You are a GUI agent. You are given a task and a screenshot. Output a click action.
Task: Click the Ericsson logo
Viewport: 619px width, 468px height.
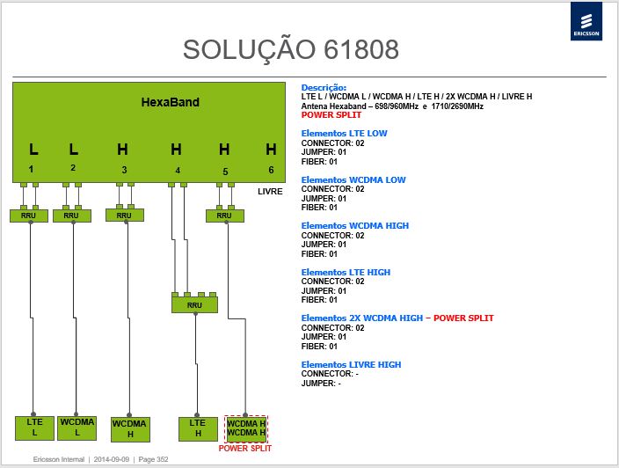586,21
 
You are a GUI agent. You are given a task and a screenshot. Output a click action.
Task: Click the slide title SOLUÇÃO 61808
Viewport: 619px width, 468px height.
291,50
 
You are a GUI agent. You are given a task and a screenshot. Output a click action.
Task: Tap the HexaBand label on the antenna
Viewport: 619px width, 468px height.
171,102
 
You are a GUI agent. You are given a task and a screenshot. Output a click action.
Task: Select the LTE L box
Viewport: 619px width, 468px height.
35,428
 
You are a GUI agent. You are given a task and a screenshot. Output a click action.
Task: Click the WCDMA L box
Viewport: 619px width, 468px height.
77,428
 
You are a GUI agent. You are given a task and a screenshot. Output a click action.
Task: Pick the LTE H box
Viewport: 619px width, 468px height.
198,429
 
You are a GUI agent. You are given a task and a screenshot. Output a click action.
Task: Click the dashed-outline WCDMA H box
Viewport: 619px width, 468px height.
245,429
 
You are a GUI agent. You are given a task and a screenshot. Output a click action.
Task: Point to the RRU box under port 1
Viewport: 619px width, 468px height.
29,216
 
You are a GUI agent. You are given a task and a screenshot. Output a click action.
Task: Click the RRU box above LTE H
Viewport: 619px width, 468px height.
194,305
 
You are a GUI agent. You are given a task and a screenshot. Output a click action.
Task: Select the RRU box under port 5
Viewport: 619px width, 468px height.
224,216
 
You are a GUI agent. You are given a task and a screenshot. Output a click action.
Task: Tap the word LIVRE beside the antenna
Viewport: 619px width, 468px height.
270,192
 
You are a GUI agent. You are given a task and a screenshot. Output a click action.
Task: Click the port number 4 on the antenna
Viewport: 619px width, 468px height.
178,170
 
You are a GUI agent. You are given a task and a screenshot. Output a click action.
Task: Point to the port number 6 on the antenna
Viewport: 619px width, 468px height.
271,170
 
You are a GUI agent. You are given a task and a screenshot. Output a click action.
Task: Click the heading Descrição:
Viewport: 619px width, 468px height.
324,88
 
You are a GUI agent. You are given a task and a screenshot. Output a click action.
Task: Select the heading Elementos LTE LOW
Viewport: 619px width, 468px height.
345,134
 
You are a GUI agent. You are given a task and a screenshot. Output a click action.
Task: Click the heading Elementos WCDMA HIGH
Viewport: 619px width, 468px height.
355,226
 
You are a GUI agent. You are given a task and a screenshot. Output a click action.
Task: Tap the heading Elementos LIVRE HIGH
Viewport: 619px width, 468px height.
351,364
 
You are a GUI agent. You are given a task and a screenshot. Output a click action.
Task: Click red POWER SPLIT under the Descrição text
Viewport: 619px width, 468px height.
331,115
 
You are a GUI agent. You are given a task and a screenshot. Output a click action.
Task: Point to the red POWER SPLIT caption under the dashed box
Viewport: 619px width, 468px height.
245,449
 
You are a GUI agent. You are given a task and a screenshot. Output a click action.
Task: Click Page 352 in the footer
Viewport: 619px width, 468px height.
153,459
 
